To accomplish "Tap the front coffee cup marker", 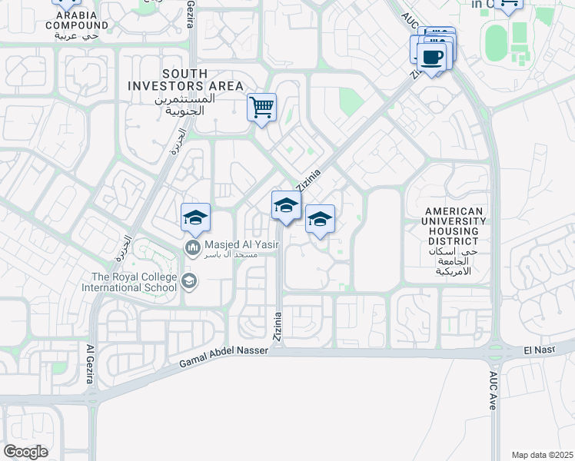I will (x=430, y=57).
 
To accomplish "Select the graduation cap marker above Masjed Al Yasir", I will (x=195, y=217).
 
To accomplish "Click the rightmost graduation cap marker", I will (x=320, y=220).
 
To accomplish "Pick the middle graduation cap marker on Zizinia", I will (x=286, y=206).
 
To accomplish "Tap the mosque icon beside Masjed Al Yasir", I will (x=191, y=247).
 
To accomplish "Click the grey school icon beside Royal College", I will (x=188, y=282).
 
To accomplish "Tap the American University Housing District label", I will (x=456, y=237).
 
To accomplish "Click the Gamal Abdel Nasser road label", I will (x=224, y=358).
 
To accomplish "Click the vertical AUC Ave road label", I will (x=493, y=392).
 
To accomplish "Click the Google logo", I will (x=25, y=451).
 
